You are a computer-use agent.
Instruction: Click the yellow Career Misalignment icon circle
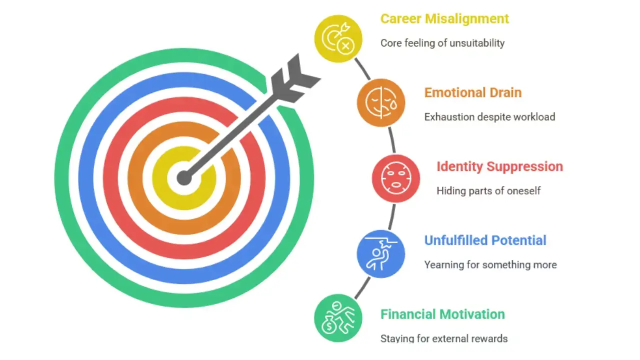pyautogui.click(x=338, y=39)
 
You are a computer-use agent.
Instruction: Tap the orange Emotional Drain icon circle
pyautogui.click(x=381, y=102)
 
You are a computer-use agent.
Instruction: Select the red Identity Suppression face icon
pyautogui.click(x=395, y=178)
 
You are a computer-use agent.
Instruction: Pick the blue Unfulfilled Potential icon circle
pyautogui.click(x=381, y=253)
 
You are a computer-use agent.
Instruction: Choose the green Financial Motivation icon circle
pyautogui.click(x=338, y=318)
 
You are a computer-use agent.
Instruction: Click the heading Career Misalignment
pyautogui.click(x=444, y=19)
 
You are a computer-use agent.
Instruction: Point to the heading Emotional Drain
pyautogui.click(x=472, y=92)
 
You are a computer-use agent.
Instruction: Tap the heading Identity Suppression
pyautogui.click(x=499, y=166)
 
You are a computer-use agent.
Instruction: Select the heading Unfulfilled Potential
pyautogui.click(x=485, y=240)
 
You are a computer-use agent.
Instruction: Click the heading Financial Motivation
pyautogui.click(x=442, y=314)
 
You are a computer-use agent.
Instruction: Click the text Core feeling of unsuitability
pyautogui.click(x=442, y=43)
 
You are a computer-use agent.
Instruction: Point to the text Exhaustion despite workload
pyautogui.click(x=489, y=117)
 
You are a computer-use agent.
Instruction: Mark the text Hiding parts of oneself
pyautogui.click(x=488, y=190)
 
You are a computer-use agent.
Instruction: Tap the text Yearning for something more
pyautogui.click(x=490, y=264)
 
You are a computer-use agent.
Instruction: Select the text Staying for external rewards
pyautogui.click(x=443, y=338)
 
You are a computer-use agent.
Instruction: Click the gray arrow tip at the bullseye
pyautogui.click(x=184, y=177)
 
